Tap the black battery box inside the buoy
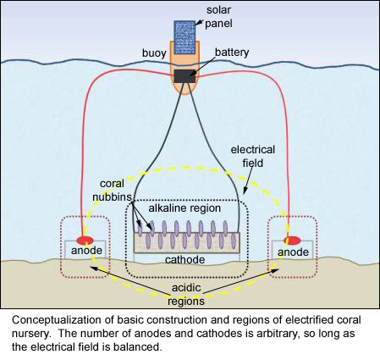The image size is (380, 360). point(184,77)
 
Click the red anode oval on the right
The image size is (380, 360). point(291,240)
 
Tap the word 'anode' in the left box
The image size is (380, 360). point(83,252)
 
